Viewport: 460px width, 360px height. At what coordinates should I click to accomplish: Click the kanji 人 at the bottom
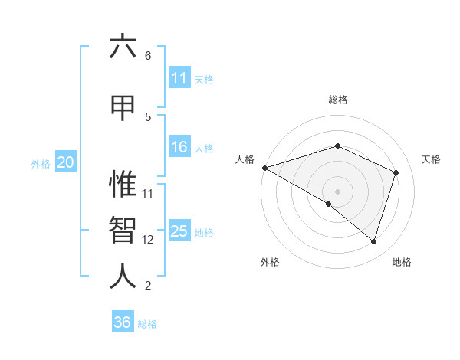coord(123,276)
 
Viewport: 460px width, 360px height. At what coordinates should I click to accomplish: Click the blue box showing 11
coord(179,78)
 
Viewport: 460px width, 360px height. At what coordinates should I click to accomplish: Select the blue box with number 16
coord(179,147)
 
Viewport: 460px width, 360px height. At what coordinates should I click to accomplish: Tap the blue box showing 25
coord(179,231)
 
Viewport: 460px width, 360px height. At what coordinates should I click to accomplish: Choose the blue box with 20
coord(65,162)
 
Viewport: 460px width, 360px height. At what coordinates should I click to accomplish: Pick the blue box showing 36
coord(123,322)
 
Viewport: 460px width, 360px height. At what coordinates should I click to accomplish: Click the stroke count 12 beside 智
coord(148,240)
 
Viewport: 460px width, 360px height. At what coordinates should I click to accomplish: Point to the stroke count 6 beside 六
coord(148,56)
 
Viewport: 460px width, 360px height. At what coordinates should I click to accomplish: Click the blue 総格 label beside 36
coord(147,324)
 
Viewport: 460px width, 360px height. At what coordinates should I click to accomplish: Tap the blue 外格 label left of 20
coord(41,163)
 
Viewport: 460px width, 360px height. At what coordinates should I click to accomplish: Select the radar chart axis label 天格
coord(432,159)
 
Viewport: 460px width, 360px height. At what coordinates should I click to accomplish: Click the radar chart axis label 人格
coord(245,159)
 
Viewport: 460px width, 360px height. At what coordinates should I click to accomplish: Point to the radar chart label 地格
coord(402,262)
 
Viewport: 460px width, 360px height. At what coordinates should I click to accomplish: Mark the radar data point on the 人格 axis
coord(264,168)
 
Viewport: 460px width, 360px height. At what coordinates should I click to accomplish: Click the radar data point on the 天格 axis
coord(396,172)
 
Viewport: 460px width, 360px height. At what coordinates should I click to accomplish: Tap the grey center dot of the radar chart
coord(337,191)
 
